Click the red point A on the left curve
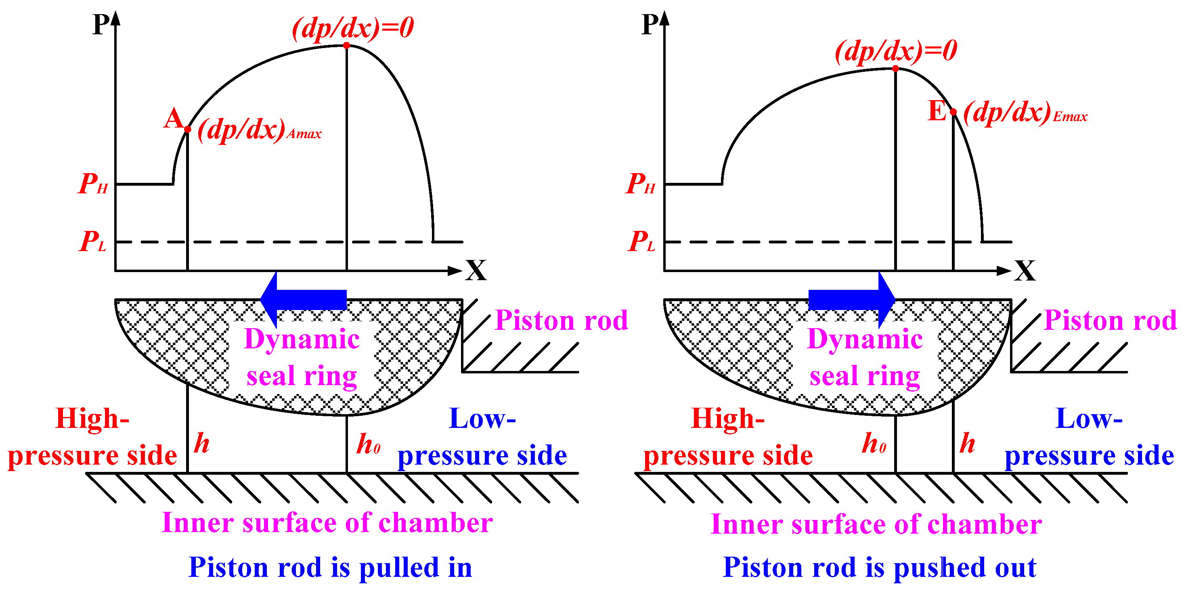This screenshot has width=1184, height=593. tap(188, 129)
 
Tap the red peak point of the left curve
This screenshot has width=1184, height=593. tap(346, 45)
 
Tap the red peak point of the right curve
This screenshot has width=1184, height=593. tap(895, 69)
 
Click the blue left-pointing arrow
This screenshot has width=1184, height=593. tap(303, 300)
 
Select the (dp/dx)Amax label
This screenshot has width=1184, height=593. tap(259, 130)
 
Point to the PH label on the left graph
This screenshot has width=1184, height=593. tap(93, 184)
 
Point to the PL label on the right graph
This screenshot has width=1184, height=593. tap(641, 241)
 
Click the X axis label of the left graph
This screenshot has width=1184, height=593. tap(476, 270)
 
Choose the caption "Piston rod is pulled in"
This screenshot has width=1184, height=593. tap(330, 567)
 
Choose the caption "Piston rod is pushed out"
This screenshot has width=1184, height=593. tap(879, 567)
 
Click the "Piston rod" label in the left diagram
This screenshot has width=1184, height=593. tap(561, 320)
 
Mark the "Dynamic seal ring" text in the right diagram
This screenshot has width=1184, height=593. tap(865, 358)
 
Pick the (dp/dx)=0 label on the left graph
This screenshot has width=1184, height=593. tap(353, 27)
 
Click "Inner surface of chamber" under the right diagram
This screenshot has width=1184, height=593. tap(876, 524)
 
